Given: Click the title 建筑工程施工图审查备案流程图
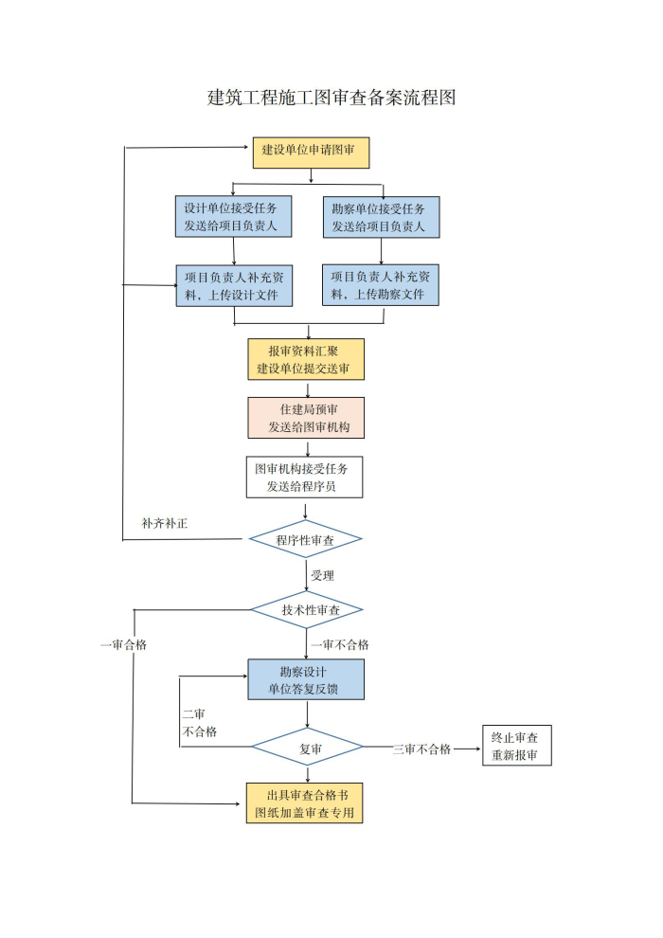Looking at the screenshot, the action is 331,97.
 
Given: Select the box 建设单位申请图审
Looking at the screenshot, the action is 311,153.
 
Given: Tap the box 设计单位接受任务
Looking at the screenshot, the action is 233,217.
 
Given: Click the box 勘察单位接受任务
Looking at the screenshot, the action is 382,217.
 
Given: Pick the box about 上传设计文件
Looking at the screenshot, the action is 234,286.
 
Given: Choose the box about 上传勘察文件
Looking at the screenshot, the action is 380,285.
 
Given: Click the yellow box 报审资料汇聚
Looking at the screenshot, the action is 306,359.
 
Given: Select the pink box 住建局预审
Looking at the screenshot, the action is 306,418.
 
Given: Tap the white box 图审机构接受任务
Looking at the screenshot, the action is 304,478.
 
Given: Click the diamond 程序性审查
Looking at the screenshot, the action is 306,539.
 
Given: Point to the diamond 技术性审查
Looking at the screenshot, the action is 307,609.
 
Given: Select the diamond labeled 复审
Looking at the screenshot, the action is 307,748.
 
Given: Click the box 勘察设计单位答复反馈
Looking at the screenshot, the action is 306,679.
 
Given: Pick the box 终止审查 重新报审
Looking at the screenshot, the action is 517,746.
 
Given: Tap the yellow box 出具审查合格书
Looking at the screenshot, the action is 304,803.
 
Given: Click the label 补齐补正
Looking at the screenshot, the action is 165,523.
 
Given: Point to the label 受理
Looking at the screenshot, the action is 323,575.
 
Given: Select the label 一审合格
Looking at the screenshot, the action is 124,645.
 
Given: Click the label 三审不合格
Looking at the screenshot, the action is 421,749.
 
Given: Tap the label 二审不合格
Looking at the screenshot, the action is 200,723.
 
